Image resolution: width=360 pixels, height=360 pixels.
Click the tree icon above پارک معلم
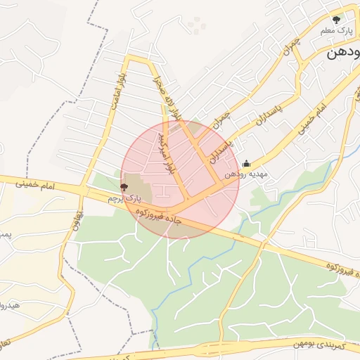[336, 19]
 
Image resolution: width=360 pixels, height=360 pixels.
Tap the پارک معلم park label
[336, 32]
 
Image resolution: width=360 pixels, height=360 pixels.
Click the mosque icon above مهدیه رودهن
[245, 163]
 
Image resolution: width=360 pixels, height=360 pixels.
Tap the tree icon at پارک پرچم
[124, 188]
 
